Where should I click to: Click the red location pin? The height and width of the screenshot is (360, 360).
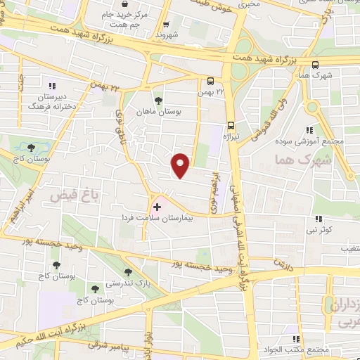[x=181, y=165]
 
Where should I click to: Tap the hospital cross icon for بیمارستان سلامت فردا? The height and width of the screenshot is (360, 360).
[x=157, y=207]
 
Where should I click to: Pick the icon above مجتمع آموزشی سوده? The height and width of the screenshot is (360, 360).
[x=309, y=129]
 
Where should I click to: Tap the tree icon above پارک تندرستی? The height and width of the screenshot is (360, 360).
[x=127, y=271]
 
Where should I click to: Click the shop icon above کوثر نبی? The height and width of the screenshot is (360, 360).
[x=318, y=219]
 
